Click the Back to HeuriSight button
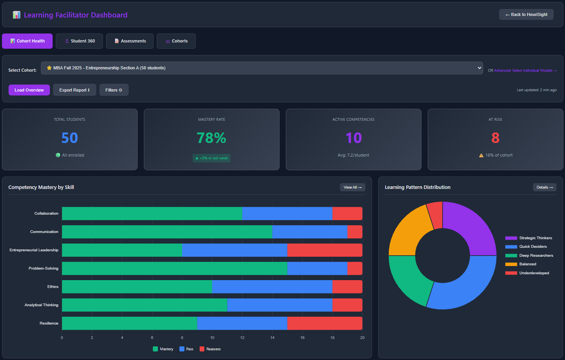[x=526, y=14]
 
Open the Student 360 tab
[x=79, y=41]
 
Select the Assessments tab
[x=130, y=41]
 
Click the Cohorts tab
[x=176, y=41]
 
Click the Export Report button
[x=74, y=90]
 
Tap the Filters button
[x=114, y=90]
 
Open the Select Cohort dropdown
[x=262, y=68]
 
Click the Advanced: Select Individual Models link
[x=525, y=71]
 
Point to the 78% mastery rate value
[x=211, y=138]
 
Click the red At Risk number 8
[x=495, y=138]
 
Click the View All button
[x=352, y=187]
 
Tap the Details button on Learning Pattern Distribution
[x=544, y=187]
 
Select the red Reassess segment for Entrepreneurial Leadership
[x=325, y=250]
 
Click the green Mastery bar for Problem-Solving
[x=174, y=268]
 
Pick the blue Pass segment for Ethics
[x=272, y=287]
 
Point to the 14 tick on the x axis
[x=272, y=337]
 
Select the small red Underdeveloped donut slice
[x=435, y=215]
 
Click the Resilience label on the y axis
[x=49, y=323]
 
